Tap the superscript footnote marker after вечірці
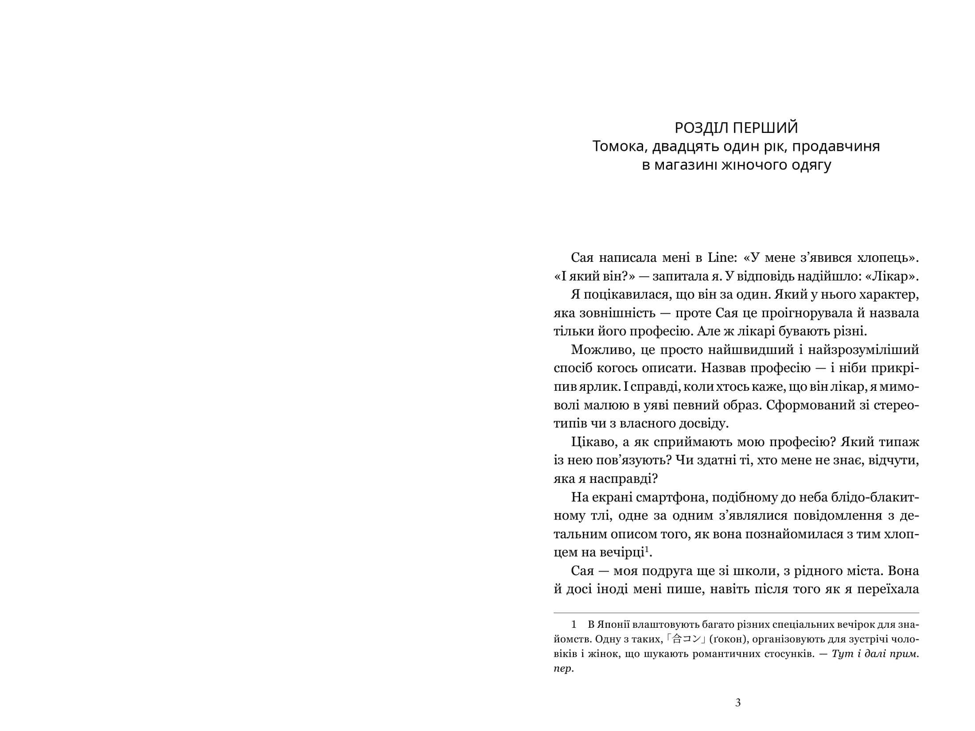(x=647, y=550)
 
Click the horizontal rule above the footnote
(x=736, y=613)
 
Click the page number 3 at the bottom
(x=738, y=703)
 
